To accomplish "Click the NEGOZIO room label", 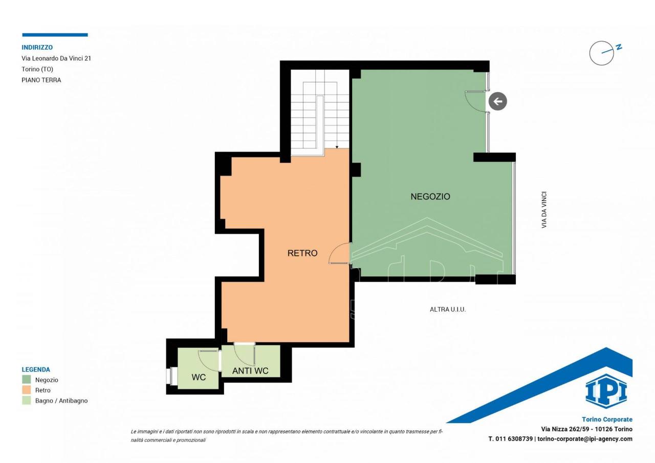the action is tap(430, 196).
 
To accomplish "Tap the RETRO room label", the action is tap(302, 253).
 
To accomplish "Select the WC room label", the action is tap(199, 377).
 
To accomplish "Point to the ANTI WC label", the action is tap(250, 370).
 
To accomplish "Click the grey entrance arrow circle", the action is tap(498, 101).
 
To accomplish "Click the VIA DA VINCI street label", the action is tap(544, 210).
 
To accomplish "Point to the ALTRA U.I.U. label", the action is tap(448, 309).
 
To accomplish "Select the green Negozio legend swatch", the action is tap(26, 380).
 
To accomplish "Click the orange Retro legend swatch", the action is tap(26, 390).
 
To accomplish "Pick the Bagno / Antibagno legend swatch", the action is tap(26, 400).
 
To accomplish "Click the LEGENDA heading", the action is tap(36, 369).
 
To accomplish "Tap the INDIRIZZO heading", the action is tap(37, 48).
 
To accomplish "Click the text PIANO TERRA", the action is tap(41, 80).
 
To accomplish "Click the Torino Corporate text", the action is tap(607, 419).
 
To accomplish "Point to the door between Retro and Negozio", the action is tap(340, 253).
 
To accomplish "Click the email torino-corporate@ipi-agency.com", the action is tap(585, 439).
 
